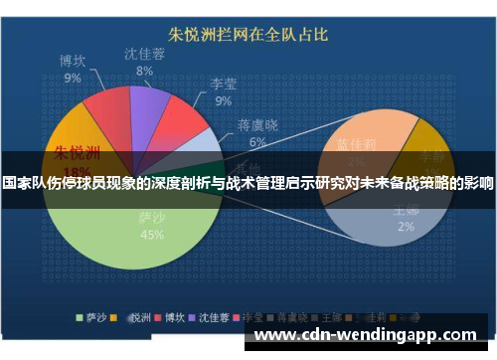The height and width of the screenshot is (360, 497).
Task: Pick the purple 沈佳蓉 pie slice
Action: click(149, 103)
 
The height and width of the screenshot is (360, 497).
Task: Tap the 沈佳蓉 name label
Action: click(145, 55)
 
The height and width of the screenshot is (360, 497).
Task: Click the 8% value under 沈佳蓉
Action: click(145, 72)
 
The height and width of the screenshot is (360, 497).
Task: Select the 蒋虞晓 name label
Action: click(257, 125)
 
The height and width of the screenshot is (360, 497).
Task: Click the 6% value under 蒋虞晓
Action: click(257, 142)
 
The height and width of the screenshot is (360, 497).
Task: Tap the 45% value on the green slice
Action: click(152, 236)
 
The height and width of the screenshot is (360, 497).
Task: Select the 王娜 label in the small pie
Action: click(405, 211)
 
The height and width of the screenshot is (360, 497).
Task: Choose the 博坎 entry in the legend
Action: click(173, 318)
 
